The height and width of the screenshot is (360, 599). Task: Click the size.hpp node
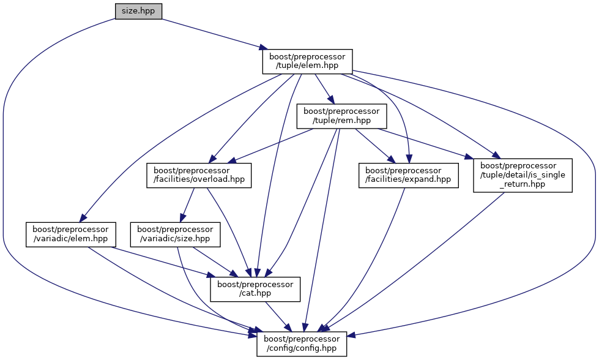pyautogui.click(x=138, y=11)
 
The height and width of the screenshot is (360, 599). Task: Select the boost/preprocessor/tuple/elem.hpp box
pyautogui.click(x=308, y=62)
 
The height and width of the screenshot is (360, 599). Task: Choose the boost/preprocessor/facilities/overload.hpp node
pyautogui.click(x=199, y=175)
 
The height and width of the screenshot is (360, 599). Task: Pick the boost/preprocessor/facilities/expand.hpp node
pyautogui.click(x=409, y=175)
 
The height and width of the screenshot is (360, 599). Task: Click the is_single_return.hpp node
pyautogui.click(x=523, y=175)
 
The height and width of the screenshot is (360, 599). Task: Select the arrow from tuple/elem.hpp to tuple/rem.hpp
pyautogui.click(x=323, y=88)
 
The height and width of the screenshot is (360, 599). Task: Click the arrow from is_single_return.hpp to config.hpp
pyautogui.click(x=428, y=263)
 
